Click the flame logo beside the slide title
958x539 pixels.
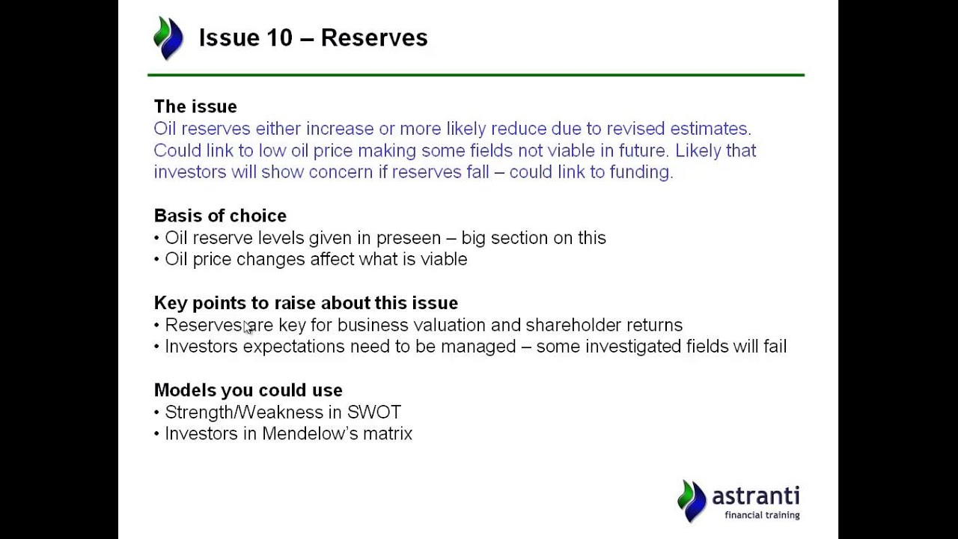pyautogui.click(x=168, y=37)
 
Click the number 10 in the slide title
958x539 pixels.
pyautogui.click(x=278, y=37)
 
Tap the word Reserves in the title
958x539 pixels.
pyautogui.click(x=374, y=37)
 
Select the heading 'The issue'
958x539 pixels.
pyautogui.click(x=195, y=106)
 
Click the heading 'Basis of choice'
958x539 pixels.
pyautogui.click(x=220, y=216)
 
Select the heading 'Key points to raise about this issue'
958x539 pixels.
pyautogui.click(x=305, y=302)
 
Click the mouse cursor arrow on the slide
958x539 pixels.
pyautogui.click(x=248, y=327)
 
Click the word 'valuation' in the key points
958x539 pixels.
pyautogui.click(x=449, y=325)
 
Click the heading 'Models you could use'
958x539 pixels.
pyautogui.click(x=248, y=390)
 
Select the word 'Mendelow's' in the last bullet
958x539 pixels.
pyautogui.click(x=310, y=433)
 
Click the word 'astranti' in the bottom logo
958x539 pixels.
pyautogui.click(x=755, y=496)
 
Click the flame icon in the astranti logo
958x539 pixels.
pyautogui.click(x=692, y=500)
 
